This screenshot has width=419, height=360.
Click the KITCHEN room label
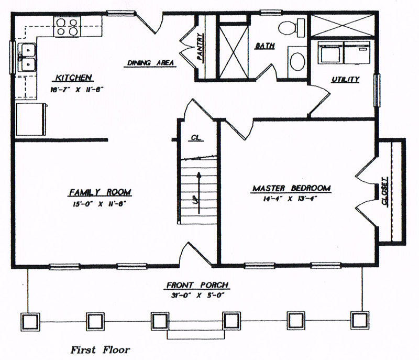click(x=73, y=78)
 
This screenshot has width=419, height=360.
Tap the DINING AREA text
click(x=150, y=63)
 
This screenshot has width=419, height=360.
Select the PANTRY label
click(x=200, y=47)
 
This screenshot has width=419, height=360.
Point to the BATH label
click(x=265, y=46)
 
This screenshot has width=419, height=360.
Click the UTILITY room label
click(x=345, y=79)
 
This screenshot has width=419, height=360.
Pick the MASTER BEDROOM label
click(x=292, y=188)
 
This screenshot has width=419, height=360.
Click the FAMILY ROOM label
click(x=100, y=192)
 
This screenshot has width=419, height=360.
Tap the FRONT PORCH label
click(x=197, y=285)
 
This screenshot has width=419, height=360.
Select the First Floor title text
click(x=101, y=350)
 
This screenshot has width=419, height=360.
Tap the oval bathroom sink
click(x=297, y=61)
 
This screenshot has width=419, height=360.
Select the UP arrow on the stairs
click(x=199, y=192)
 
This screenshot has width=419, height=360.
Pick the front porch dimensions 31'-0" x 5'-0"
click(x=197, y=296)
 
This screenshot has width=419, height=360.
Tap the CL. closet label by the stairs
click(x=197, y=138)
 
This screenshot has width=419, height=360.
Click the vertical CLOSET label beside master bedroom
click(x=385, y=191)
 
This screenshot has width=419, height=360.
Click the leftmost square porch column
click(x=30, y=322)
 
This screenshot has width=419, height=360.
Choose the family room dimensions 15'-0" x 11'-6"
click(x=99, y=204)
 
